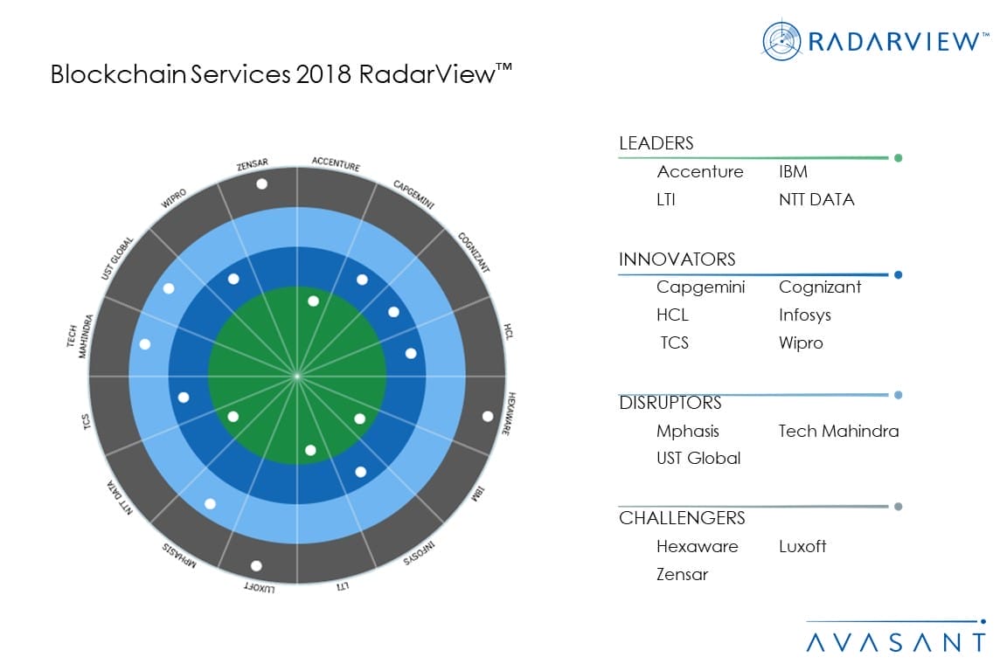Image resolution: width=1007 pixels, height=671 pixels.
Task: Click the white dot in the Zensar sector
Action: coord(261,183)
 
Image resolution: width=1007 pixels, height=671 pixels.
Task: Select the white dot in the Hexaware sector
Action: coord(487,416)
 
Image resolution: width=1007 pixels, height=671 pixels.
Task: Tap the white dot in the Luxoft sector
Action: coord(256,565)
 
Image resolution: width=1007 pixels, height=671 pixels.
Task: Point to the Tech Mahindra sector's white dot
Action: coord(145,344)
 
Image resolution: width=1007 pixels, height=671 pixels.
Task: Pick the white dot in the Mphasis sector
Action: coord(210,503)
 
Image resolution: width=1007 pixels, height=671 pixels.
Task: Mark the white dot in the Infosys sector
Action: coord(360,472)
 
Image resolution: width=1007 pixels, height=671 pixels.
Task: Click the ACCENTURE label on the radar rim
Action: coord(336,163)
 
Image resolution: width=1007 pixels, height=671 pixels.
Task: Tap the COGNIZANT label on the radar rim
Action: coord(472,252)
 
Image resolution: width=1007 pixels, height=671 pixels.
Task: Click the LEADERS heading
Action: coord(656,144)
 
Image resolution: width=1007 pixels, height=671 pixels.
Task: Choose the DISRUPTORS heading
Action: coord(670,403)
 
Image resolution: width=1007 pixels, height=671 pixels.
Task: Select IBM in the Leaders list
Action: coord(793,171)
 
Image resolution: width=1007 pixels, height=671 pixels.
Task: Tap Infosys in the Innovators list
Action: coord(804,315)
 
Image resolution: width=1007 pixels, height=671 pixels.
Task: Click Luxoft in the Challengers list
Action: coord(802,546)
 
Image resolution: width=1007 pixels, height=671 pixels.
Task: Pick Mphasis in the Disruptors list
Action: coord(688,431)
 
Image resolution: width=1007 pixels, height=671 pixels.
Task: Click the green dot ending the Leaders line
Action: coord(898,158)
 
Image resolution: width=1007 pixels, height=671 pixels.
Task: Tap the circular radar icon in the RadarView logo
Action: coord(781,41)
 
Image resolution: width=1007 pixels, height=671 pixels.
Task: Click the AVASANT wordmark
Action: coord(895,642)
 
